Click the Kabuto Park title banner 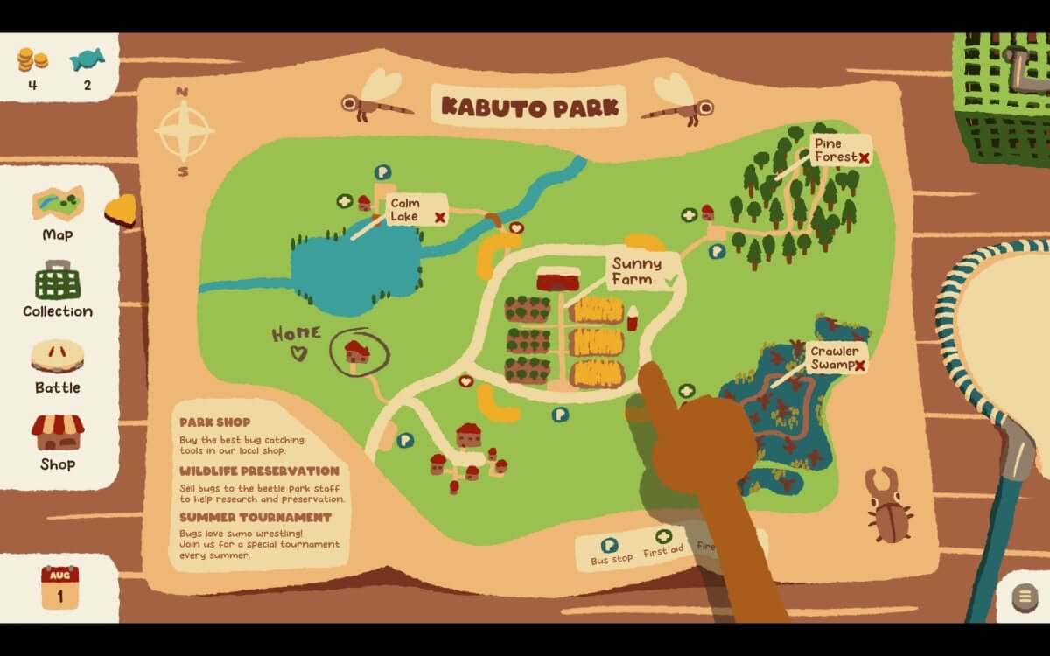[529, 107]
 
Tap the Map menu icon [58, 203]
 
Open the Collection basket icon [58, 282]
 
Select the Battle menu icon [58, 357]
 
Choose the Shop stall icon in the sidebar [58, 432]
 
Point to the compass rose [184, 131]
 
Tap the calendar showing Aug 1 [59, 587]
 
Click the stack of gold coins [32, 59]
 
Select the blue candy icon [87, 59]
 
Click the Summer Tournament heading [243, 518]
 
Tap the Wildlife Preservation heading [259, 471]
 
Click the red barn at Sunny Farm [558, 279]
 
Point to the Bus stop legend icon [610, 545]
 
